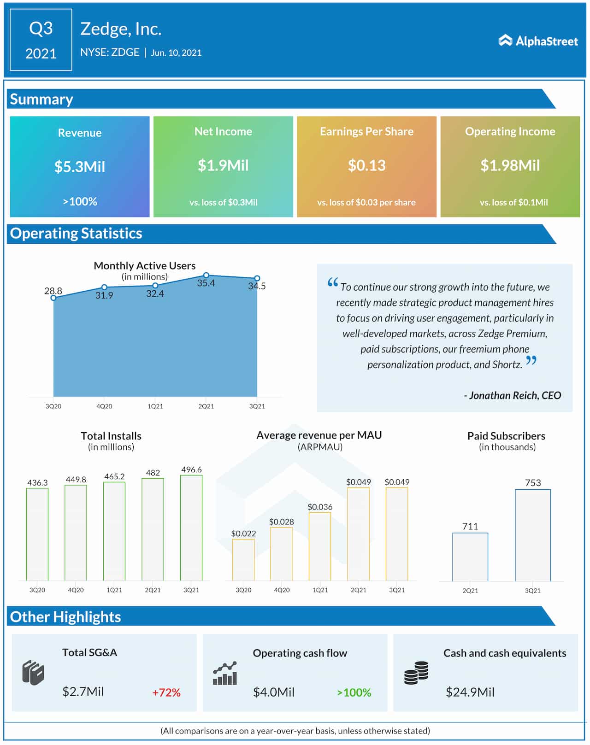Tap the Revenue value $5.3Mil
coord(80,166)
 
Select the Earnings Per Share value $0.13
coord(366,165)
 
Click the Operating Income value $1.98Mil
coord(510,165)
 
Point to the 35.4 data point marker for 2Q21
coord(206,275)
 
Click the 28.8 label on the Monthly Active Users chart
coord(53,291)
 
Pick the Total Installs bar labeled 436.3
coord(37,534)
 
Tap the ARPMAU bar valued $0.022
coord(243,559)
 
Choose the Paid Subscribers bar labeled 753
coord(532,535)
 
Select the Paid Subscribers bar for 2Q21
coord(470,557)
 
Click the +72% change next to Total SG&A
coord(166,692)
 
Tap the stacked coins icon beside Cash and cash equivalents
coord(416,673)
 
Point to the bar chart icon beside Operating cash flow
coord(225,674)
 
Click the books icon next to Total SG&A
coord(33,673)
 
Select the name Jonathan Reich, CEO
coord(513,395)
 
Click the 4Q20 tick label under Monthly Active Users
coord(104,406)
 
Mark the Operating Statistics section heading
coord(76,234)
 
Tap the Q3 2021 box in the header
coord(41,40)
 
